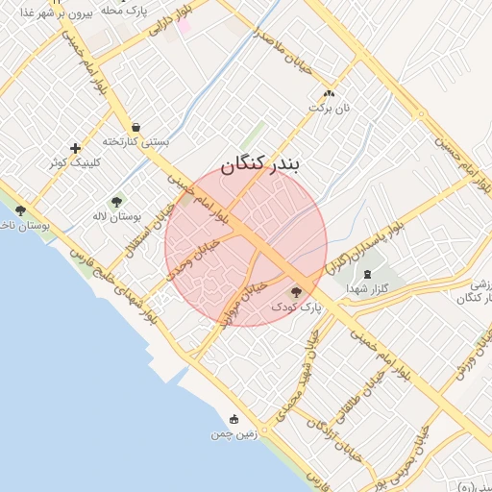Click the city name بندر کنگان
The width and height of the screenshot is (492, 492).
[260, 164]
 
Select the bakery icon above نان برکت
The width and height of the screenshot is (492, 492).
[330, 94]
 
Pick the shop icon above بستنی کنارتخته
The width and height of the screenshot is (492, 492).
[135, 126]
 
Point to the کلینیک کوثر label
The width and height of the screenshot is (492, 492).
[75, 163]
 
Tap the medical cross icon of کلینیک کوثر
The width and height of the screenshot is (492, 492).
[75, 148]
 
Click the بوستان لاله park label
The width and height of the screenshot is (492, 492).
[117, 217]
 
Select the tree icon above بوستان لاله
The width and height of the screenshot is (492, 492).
[116, 202]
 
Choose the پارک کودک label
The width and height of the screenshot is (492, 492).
[293, 307]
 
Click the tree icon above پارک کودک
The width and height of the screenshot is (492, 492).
[295, 291]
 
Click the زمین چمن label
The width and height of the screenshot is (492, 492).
[234, 434]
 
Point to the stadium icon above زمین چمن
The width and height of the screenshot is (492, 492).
[234, 419]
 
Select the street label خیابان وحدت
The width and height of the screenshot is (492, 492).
[194, 259]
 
